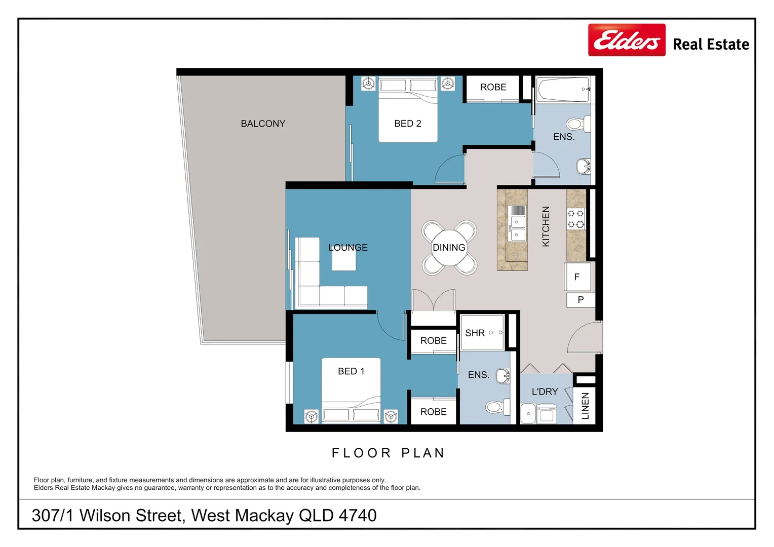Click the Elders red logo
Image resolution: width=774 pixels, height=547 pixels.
[627, 40]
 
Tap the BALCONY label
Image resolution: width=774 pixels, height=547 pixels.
[263, 124]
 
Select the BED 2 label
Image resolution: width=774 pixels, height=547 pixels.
[408, 124]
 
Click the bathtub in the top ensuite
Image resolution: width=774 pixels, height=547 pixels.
[563, 89]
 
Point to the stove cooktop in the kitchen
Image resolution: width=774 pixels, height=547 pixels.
[575, 219]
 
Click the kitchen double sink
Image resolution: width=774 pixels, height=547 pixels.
[517, 228]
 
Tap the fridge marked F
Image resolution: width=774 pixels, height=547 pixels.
[577, 277]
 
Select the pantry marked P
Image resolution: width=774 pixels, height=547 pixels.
[580, 300]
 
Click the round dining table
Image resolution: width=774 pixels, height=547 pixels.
[449, 248]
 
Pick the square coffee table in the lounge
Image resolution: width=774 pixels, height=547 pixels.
[344, 260]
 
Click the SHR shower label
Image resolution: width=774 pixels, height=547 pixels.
[475, 333]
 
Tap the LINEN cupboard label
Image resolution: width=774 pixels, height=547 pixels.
[586, 406]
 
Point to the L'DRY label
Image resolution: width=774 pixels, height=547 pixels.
[545, 392]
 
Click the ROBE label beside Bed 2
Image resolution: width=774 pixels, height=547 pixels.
[493, 87]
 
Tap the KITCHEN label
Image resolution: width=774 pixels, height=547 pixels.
[546, 226]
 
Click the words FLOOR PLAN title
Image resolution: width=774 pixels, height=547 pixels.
[388, 453]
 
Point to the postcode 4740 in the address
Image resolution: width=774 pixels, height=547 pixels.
[358, 516]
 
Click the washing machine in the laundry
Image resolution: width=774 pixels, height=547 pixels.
[547, 413]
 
